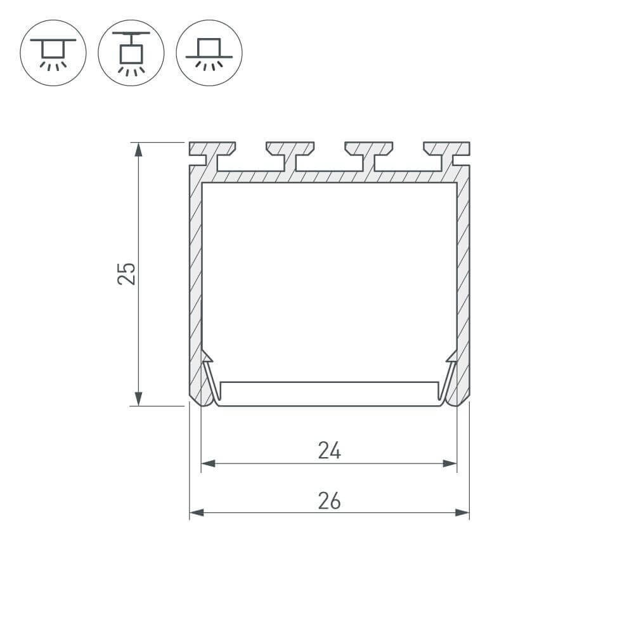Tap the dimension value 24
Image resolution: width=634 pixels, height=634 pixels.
[x=329, y=451]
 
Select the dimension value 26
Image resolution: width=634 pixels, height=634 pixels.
[x=329, y=501]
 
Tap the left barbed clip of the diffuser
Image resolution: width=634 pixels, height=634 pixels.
[x=208, y=377]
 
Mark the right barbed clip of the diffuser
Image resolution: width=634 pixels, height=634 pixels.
[x=450, y=377]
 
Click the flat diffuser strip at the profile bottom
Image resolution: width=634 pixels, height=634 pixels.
[x=329, y=394]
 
